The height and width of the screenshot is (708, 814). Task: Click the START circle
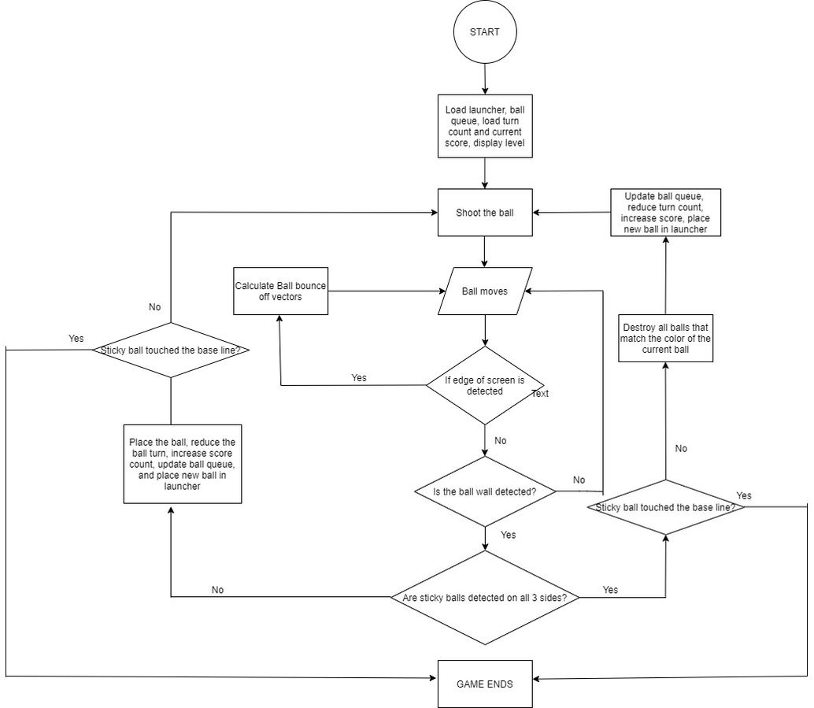click(485, 32)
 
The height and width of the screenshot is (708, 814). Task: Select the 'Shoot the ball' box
click(485, 213)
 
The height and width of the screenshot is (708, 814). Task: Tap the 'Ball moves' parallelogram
click(485, 291)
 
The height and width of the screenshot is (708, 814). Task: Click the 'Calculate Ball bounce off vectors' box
click(280, 291)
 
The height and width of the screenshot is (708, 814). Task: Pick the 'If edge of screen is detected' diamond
click(485, 385)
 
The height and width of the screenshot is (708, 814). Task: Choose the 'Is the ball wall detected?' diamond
click(485, 491)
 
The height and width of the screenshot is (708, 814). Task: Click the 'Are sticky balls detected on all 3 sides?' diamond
click(485, 598)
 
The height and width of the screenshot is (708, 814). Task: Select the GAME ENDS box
click(485, 684)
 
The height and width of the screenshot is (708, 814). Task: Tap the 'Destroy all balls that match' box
click(665, 338)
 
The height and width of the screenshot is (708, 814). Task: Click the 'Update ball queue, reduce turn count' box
click(665, 213)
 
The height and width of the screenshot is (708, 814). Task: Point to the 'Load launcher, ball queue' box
click(485, 126)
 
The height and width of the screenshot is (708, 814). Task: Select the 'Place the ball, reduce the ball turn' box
click(182, 464)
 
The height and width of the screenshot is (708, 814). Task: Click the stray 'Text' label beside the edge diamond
click(540, 394)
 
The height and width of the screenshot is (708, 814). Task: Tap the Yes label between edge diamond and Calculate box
click(359, 378)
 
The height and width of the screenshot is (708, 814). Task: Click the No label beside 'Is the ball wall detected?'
click(579, 480)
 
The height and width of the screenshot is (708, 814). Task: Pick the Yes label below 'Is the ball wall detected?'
click(509, 535)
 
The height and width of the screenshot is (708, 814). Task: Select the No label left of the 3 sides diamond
click(217, 590)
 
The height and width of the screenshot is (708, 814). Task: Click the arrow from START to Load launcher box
click(485, 79)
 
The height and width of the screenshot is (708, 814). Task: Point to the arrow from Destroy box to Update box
click(665, 276)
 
